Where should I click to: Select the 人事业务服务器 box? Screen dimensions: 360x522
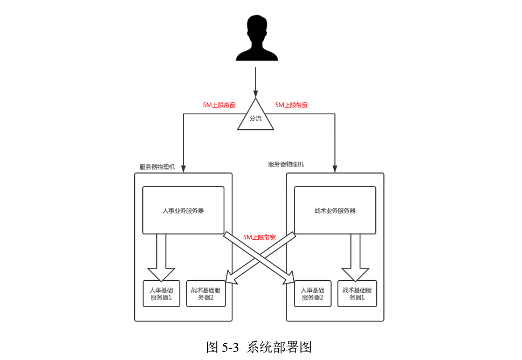[x=183, y=210]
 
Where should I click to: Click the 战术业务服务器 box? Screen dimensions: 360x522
[x=334, y=210]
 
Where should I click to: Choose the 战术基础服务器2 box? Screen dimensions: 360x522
[x=205, y=294]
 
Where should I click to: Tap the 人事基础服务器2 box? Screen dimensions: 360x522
[x=313, y=294]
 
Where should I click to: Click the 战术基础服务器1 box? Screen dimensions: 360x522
[x=357, y=294]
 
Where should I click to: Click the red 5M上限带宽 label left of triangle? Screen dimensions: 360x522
[x=219, y=105]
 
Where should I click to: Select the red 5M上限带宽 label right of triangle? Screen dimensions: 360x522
[x=291, y=105]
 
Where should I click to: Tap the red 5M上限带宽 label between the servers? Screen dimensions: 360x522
[x=259, y=237]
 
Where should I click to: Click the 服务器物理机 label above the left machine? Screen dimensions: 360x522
[x=157, y=167]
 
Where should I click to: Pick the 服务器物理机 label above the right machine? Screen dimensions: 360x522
[x=286, y=164]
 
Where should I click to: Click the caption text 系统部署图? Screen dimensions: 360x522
[x=279, y=347]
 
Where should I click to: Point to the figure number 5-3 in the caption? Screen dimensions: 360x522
[x=230, y=347]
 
